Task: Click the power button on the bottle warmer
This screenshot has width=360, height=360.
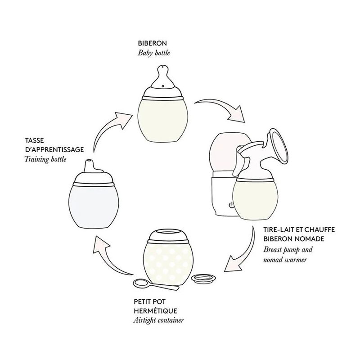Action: pyautogui.click(x=231, y=205)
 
